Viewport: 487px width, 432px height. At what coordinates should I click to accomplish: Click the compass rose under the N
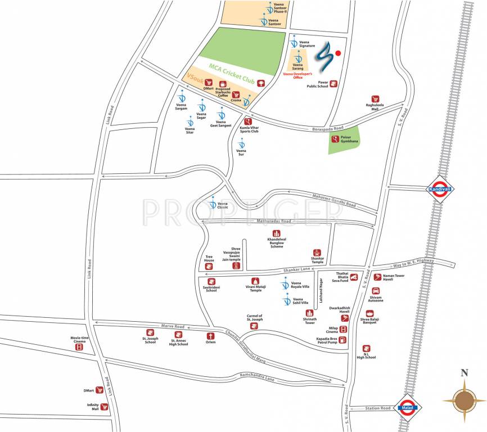pos(465,400)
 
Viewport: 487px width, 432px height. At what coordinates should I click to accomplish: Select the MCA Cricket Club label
pos(232,74)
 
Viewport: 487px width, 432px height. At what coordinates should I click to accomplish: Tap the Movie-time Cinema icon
pos(79,348)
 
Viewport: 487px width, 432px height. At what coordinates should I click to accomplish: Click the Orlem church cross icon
pos(210,335)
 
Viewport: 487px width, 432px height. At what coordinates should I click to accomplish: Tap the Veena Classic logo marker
pos(213,205)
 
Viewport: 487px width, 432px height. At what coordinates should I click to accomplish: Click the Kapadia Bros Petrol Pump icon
pos(343,340)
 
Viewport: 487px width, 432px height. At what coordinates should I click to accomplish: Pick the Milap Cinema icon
pos(343,329)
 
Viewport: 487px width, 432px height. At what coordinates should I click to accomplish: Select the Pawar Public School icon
pos(333,84)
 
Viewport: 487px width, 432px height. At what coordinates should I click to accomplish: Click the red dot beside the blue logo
pos(338,53)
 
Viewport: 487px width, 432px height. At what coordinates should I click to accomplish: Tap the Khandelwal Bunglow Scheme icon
pos(276,233)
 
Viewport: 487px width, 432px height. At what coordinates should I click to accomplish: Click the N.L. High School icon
pos(366,349)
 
